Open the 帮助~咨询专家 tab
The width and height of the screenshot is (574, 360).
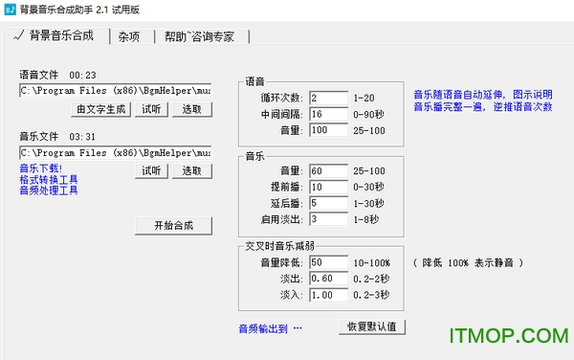coord(205,37)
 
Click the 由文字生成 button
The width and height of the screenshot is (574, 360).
coord(101,109)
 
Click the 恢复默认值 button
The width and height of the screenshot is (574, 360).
coord(373,326)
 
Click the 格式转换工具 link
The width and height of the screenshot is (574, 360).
coord(49,179)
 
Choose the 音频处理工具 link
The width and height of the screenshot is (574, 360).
coord(49,190)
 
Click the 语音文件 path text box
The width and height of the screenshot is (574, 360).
coord(115,91)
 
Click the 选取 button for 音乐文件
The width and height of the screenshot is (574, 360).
coord(192,170)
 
